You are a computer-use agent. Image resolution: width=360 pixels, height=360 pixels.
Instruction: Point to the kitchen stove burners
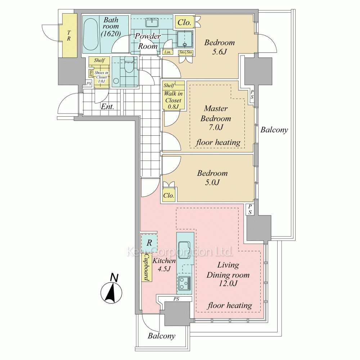185,283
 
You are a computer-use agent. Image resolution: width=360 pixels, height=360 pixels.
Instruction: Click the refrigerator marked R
149,243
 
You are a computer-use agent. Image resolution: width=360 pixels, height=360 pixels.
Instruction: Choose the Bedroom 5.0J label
212,178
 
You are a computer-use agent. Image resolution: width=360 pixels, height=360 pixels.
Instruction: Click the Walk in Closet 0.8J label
174,100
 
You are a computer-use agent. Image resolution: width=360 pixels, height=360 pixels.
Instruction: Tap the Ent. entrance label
107,107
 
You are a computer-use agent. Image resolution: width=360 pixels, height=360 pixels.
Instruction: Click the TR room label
69,36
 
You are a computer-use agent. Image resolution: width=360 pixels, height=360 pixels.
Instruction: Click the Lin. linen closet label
167,52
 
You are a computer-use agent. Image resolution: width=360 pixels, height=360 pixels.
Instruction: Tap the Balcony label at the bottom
162,336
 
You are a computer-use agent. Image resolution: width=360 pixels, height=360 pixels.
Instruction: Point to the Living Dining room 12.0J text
228,274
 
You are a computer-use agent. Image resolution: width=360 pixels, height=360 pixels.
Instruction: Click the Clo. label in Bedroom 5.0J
169,195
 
